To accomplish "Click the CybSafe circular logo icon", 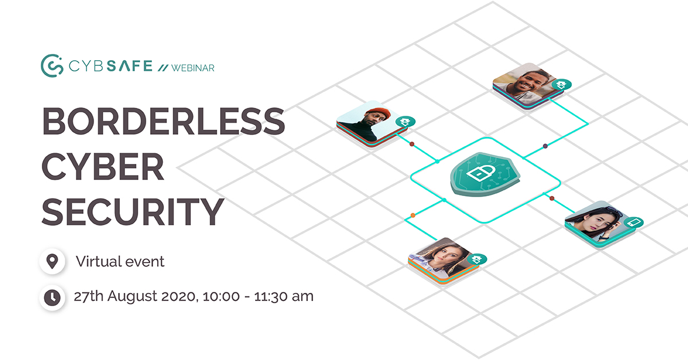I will point(51,65).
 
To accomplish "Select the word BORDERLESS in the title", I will point(163,122).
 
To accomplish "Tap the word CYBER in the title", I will point(103,166).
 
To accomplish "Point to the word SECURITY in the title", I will point(132,210).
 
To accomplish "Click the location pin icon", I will point(52,262).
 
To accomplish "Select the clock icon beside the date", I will point(52,297).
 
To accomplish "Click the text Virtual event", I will point(120,261).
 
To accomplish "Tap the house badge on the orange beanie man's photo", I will point(405,122).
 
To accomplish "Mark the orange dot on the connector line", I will point(413,216).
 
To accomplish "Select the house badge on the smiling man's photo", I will point(562,84).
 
